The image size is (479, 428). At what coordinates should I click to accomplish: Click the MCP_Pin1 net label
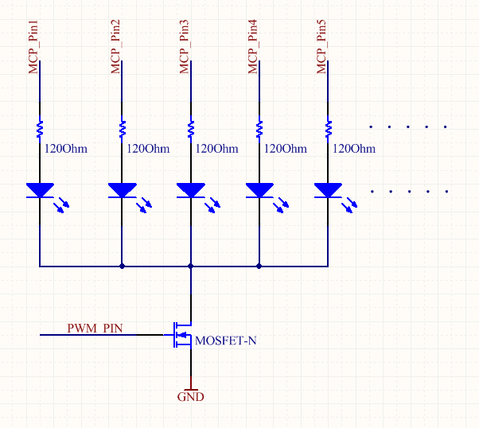click(34, 50)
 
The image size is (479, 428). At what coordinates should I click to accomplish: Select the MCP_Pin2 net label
click(117, 50)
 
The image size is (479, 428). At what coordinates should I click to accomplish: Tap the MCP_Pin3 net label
click(185, 50)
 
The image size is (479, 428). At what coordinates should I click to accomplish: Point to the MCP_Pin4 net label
click(254, 50)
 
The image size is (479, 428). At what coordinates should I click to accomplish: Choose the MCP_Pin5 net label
click(322, 50)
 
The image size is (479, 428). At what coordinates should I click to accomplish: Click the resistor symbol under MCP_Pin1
click(40, 128)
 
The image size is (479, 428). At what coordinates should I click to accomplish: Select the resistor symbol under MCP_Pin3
click(190, 128)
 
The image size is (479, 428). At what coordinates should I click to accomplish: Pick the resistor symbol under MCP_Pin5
click(328, 128)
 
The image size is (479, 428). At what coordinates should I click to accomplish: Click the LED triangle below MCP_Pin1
click(40, 190)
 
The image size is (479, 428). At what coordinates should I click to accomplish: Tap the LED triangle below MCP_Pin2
click(122, 190)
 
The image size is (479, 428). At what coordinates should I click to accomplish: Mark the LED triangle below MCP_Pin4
click(259, 190)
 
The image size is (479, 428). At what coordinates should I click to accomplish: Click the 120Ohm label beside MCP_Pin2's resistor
click(148, 149)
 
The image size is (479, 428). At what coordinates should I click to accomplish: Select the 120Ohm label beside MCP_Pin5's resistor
click(353, 149)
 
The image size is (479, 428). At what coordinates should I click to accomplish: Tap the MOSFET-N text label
click(226, 341)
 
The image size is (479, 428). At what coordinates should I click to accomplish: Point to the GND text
click(190, 396)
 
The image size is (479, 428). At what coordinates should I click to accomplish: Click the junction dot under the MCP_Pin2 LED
click(122, 267)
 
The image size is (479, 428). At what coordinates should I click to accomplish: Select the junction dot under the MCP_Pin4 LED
click(259, 267)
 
